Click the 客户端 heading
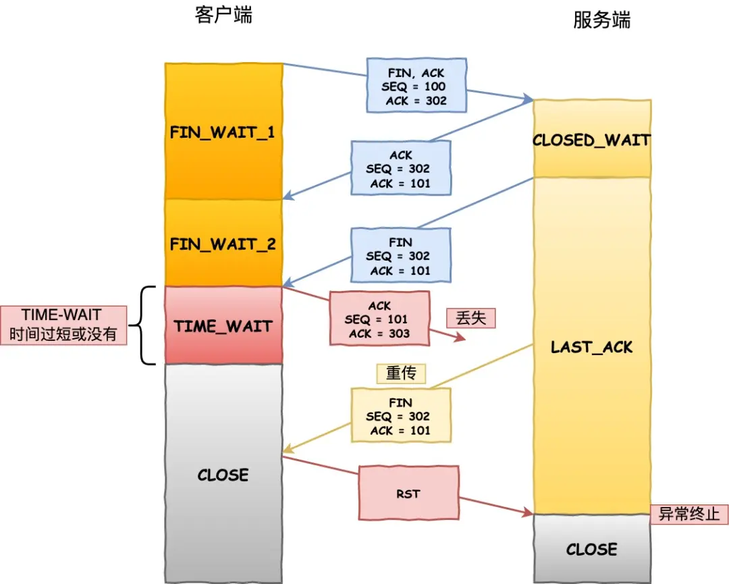(223, 16)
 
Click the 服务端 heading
(601, 20)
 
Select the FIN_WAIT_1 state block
(223, 132)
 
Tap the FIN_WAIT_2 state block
(223, 243)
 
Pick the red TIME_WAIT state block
(223, 326)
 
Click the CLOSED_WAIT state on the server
(592, 140)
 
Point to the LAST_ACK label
(592, 348)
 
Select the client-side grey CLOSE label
(223, 475)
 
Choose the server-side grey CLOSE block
(592, 549)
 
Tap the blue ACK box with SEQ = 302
(401, 169)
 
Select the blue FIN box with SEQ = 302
(401, 256)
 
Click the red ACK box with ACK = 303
(379, 319)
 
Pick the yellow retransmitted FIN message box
(401, 416)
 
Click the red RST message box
(408, 494)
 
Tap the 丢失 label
(470, 317)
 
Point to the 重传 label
(401, 373)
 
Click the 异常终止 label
(688, 514)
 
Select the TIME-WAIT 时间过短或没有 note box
(64, 325)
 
